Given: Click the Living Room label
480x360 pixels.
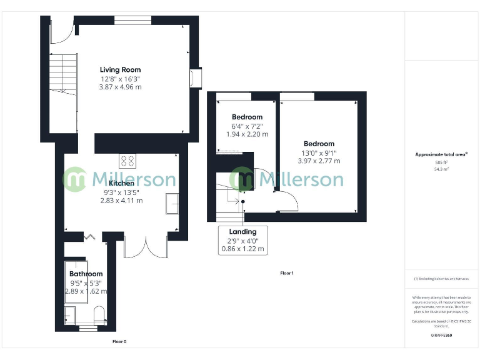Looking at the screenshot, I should point(120,69).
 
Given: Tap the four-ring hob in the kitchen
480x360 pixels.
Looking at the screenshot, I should point(128,161).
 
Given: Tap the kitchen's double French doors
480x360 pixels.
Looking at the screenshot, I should point(145,247).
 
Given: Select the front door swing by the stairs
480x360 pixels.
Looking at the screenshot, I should point(62,32).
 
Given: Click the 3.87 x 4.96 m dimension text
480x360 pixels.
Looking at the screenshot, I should point(120,87).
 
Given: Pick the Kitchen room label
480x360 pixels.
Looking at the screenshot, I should point(121,183).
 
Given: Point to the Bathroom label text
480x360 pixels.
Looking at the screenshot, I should point(86,274).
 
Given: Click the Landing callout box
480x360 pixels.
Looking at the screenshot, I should point(242,240).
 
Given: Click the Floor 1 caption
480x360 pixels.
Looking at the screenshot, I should point(287,273).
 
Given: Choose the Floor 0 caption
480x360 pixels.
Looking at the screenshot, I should point(119,342).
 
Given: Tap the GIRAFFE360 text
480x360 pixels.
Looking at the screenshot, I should point(441,336).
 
